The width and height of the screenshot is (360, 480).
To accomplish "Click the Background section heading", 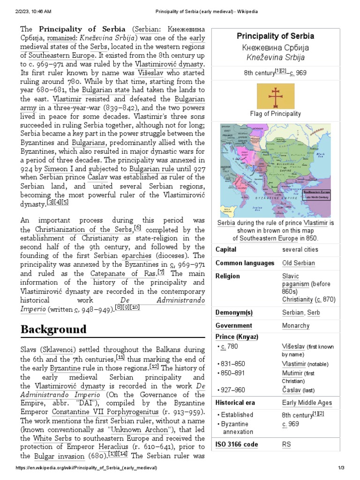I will (x=53, y=329).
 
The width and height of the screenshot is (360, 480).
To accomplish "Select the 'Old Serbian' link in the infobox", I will (x=298, y=263).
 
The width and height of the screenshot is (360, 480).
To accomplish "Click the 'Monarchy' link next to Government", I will (x=295, y=325).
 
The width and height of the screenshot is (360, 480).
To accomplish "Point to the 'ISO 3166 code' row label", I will (x=236, y=444).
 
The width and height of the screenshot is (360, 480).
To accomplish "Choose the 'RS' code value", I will (x=286, y=444).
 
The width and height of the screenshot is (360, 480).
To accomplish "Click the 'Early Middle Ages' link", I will (x=307, y=403).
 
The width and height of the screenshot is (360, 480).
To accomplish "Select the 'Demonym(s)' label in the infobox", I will (x=234, y=312).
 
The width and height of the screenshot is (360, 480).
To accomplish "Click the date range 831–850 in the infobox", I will (x=232, y=364).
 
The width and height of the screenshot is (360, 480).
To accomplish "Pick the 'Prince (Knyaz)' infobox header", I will (x=237, y=337).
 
